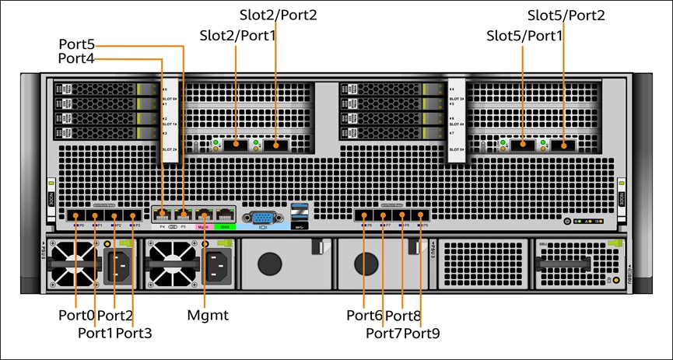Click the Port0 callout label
[x=75, y=316]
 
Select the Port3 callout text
[x=134, y=334]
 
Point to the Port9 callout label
[x=422, y=334]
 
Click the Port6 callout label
[x=364, y=316]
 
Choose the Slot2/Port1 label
[x=237, y=35]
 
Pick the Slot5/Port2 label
[x=566, y=15]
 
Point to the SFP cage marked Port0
[x=75, y=216]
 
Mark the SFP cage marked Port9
[x=421, y=216]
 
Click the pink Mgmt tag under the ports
[x=205, y=227]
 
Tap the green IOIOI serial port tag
[x=225, y=227]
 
